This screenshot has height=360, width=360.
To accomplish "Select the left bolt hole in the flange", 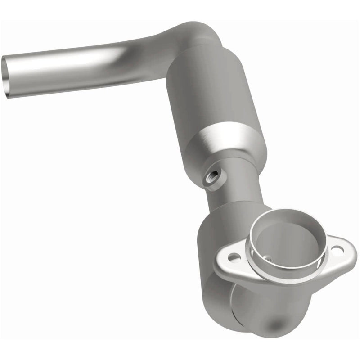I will tap(233, 257).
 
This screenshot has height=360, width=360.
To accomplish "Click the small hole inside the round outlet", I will tap(268, 258).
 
